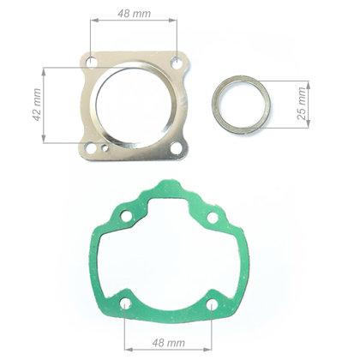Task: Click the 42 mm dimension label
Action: point(37,105)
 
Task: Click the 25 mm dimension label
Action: point(302,104)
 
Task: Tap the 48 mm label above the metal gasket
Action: point(134,14)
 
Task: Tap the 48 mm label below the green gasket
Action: point(169,343)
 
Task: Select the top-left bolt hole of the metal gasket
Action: point(91,61)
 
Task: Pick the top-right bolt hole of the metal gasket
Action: point(177,63)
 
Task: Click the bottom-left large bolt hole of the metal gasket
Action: point(91,148)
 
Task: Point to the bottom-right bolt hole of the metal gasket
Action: point(177,148)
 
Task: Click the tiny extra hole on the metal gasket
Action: point(105,147)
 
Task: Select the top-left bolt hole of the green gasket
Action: point(126,216)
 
